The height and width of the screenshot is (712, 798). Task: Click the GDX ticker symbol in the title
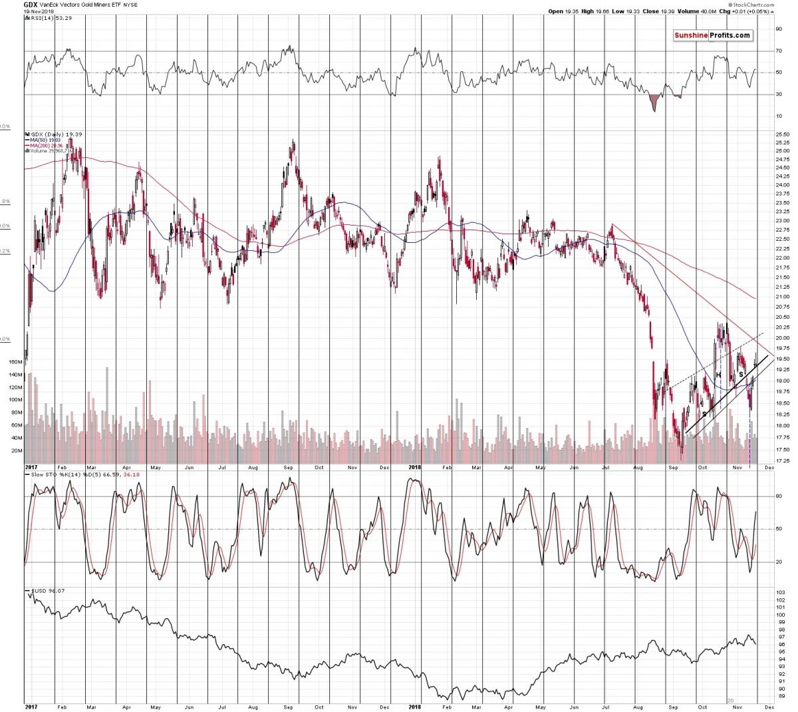pos(31,3)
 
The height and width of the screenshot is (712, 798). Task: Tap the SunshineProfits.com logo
pos(712,35)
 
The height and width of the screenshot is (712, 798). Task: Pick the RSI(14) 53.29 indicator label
pos(49,18)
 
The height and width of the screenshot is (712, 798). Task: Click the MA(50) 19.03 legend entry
pos(45,139)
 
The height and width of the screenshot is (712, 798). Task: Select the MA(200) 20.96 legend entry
pos(47,145)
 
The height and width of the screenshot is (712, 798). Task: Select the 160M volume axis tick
pos(13,363)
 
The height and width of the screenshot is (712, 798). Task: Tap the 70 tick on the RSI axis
pos(778,51)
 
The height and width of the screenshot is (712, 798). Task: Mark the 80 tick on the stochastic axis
pos(778,496)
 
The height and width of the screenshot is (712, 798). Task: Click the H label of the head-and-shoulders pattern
pos(718,375)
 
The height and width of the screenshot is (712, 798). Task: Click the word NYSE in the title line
pos(130,4)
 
